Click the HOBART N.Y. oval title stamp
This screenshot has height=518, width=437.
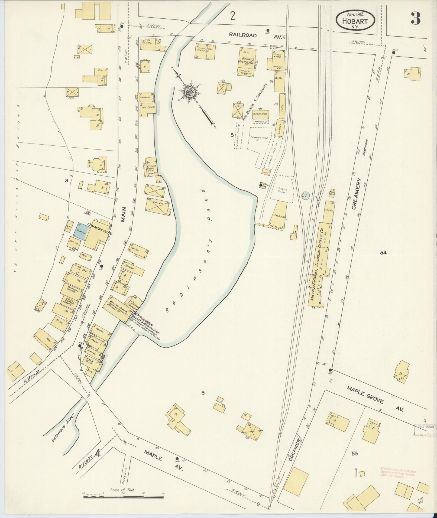click(x=355, y=21)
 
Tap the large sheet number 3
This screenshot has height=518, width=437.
click(x=415, y=18)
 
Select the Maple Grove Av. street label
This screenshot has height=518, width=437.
click(x=375, y=399)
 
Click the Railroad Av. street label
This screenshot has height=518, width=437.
click(x=256, y=35)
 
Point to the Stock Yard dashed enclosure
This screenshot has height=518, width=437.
click(x=282, y=189)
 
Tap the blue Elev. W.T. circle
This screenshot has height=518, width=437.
click(x=305, y=196)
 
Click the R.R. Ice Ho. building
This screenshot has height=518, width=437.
click(x=279, y=214)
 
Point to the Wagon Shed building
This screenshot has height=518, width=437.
click(x=261, y=114)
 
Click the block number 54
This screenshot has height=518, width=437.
click(x=383, y=253)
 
